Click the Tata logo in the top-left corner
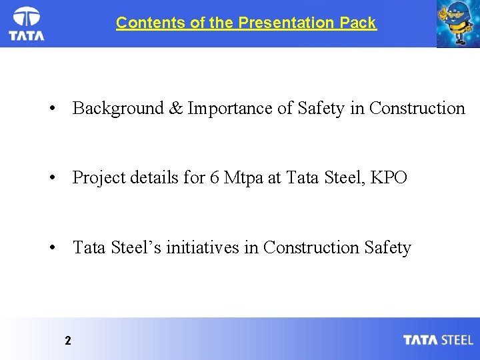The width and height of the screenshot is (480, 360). pos(27,24)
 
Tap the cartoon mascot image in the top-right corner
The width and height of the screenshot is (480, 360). pos(457,24)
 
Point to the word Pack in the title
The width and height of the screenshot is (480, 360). pos(357,23)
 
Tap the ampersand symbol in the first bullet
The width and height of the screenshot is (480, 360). pos(175,108)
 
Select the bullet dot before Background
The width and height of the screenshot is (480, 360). pos(51,109)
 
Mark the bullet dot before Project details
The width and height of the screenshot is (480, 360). pos(51,179)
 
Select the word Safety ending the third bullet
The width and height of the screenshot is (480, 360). pos(388,247)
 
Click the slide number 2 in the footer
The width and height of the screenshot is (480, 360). pos(68,341)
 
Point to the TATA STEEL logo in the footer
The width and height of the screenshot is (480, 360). pos(438,340)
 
